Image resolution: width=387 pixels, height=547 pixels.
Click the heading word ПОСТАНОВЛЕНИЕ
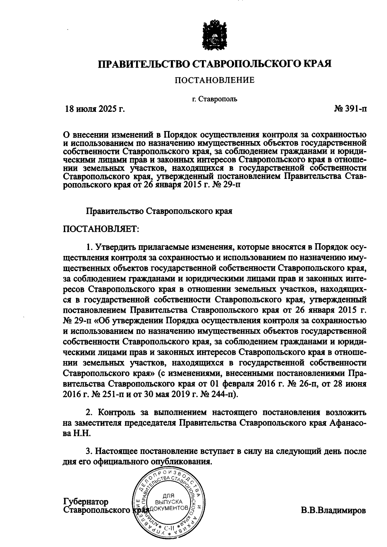pos(214,80)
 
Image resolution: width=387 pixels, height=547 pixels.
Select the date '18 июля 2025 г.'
pos(94,109)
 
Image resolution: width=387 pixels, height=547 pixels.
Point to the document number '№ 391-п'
pos(350,109)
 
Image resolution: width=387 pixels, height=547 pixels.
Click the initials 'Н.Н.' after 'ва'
pos(83,433)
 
